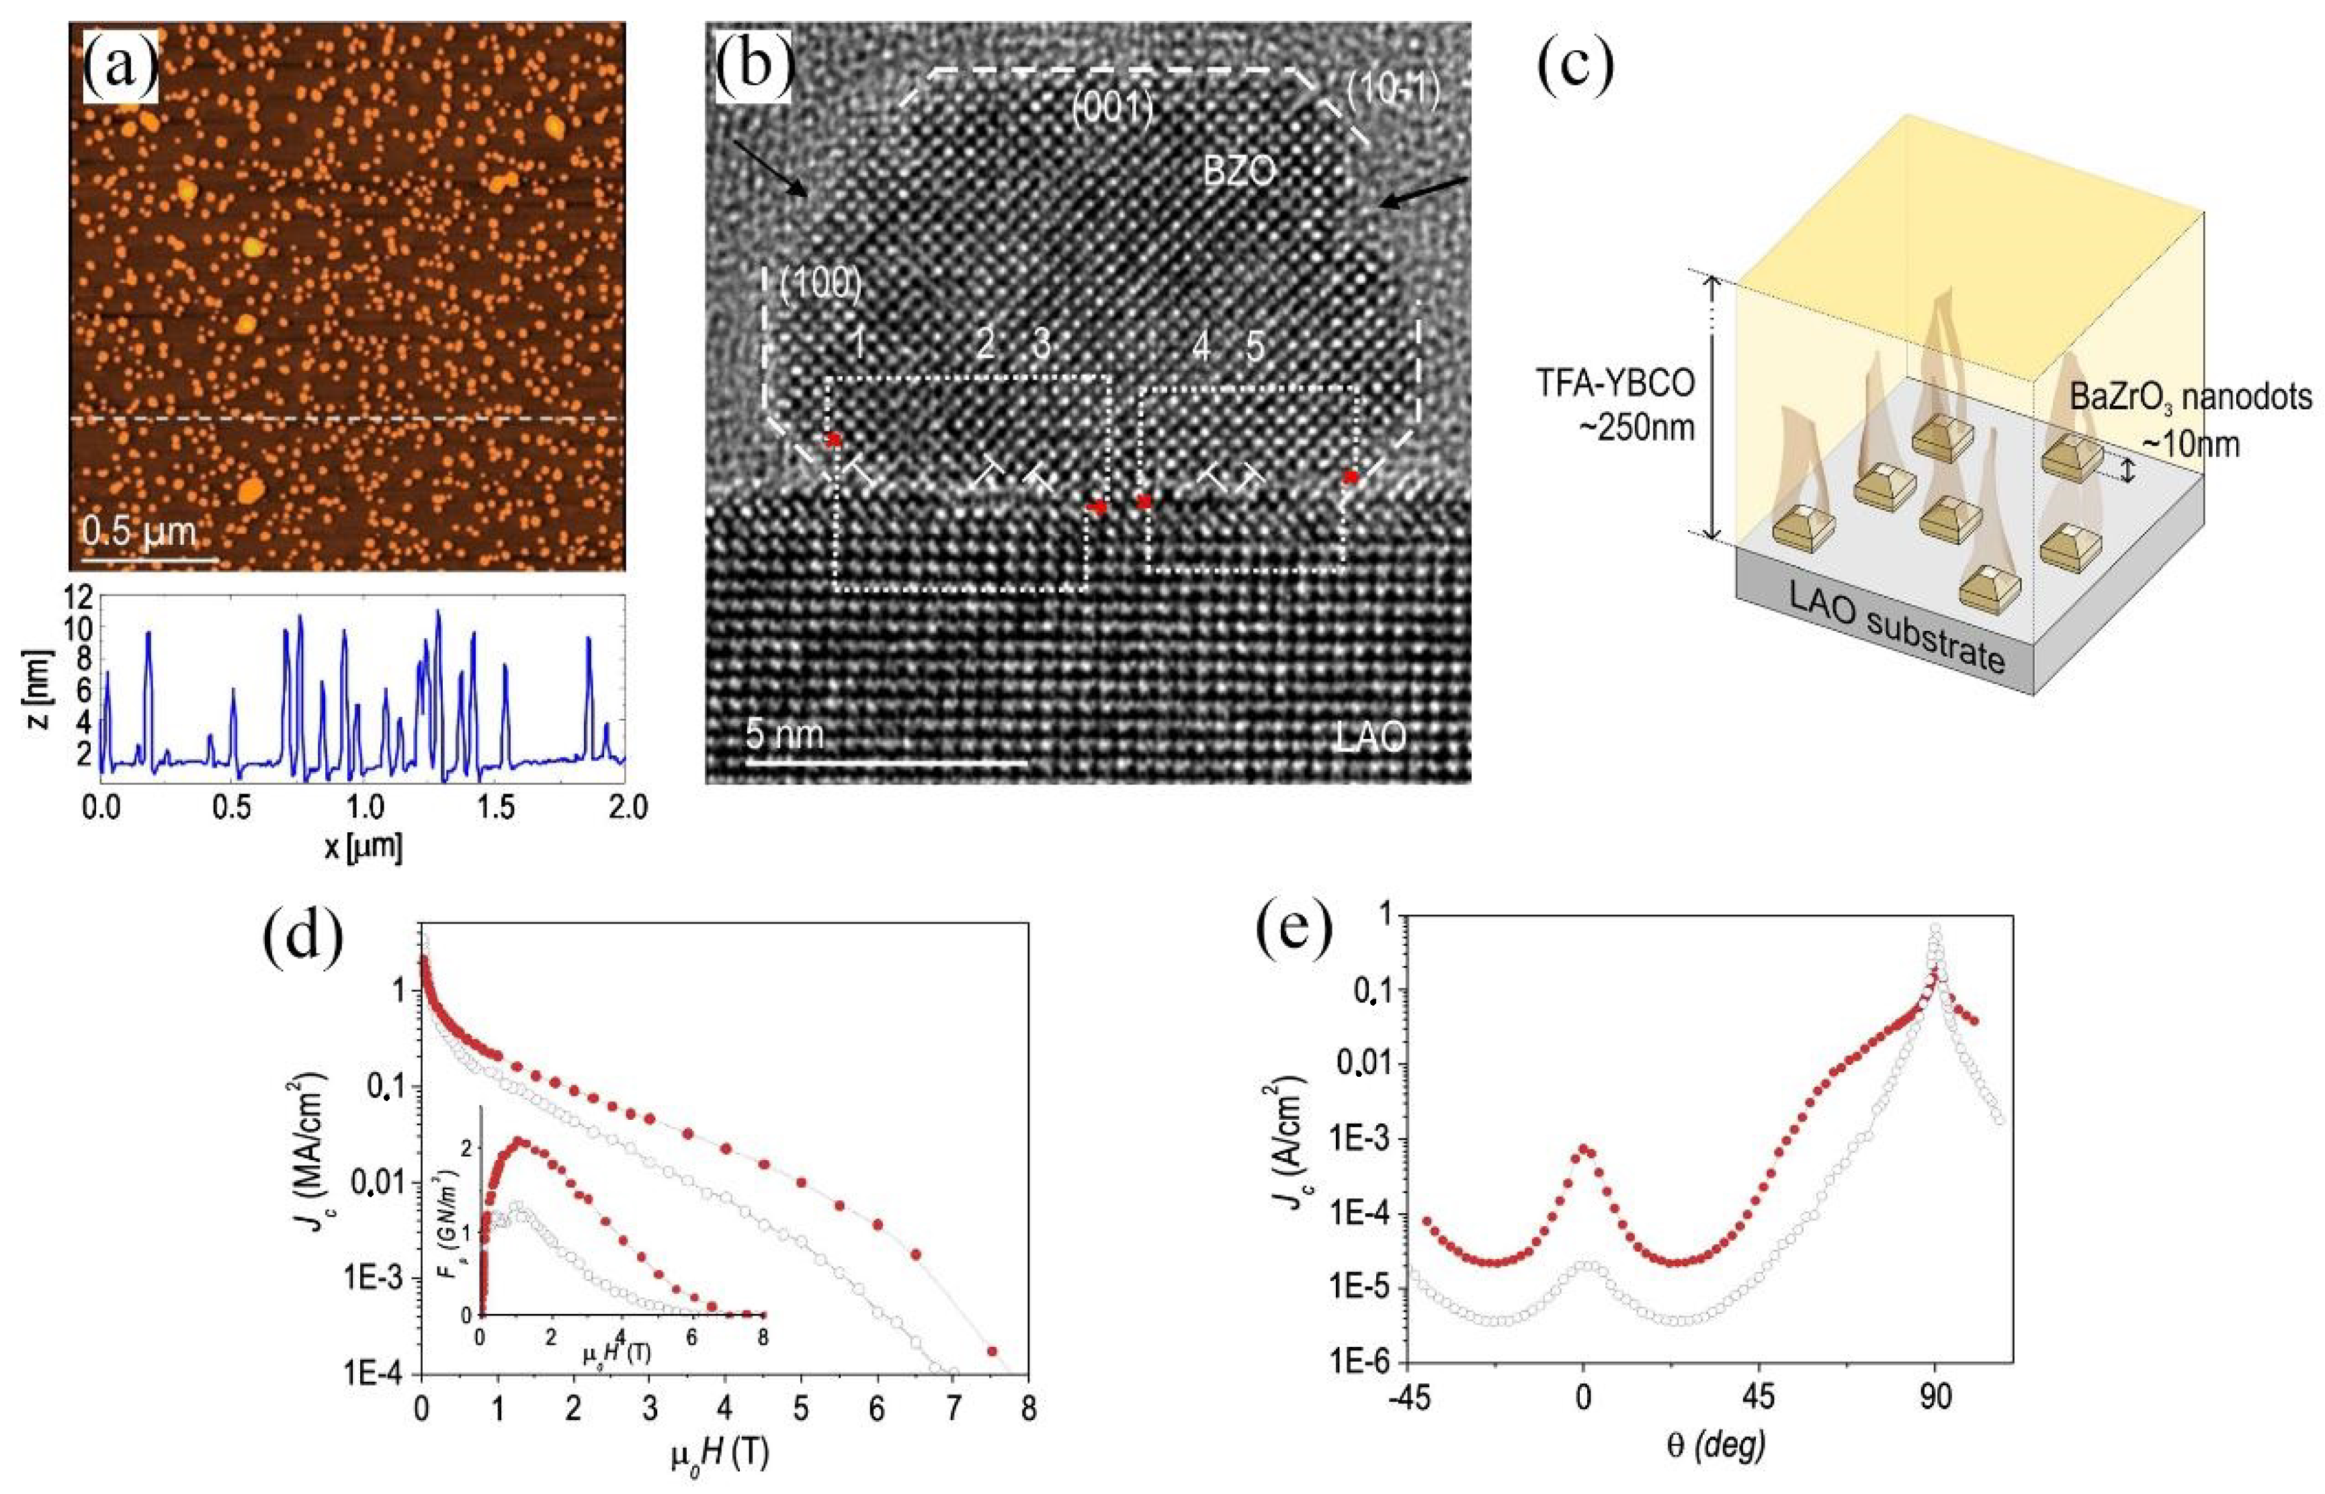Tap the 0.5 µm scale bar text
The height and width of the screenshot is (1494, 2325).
(x=139, y=531)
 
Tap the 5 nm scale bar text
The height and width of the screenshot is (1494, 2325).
(x=784, y=734)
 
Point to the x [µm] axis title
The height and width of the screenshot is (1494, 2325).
(x=363, y=848)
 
